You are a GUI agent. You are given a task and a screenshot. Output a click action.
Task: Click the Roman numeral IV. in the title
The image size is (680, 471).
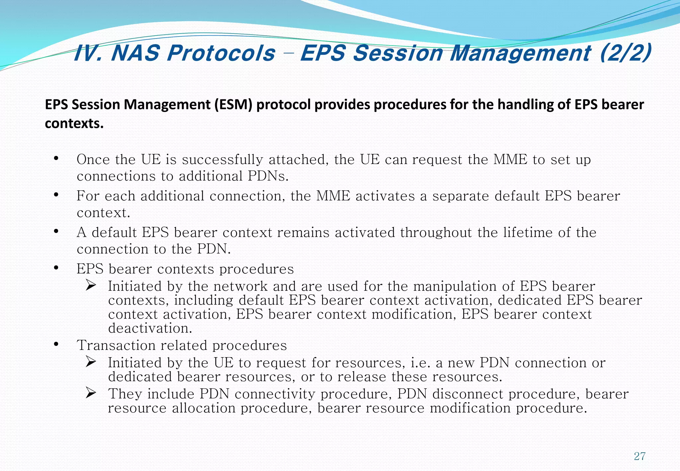(88, 53)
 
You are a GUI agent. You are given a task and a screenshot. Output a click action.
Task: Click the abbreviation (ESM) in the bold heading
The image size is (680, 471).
(233, 105)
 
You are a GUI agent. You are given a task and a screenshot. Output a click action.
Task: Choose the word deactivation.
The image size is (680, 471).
(150, 329)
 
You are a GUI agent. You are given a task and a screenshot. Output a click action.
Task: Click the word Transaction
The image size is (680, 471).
(116, 345)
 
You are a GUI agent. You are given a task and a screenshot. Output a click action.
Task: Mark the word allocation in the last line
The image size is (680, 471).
(204, 408)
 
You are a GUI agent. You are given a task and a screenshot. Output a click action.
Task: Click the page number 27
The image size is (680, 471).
(639, 456)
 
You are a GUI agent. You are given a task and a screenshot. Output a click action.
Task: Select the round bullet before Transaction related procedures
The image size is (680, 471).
(56, 344)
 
